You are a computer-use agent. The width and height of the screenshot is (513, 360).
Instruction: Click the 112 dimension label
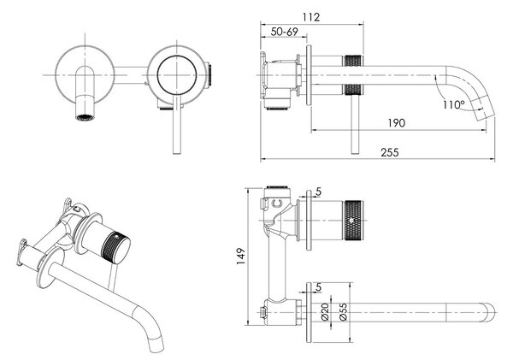311,17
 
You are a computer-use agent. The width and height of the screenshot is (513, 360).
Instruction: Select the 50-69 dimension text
285,32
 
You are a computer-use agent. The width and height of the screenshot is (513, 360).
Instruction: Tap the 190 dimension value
397,123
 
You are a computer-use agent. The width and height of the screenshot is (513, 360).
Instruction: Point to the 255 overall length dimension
390,152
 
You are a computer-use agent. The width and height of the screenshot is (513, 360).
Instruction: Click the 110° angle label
454,104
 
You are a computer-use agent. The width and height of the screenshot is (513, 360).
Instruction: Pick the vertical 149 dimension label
241,257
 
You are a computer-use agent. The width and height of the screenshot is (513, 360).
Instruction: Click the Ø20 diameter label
325,312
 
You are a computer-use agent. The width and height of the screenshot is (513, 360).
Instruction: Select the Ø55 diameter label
343,312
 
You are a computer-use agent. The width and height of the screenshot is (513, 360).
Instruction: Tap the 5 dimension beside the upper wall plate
318,192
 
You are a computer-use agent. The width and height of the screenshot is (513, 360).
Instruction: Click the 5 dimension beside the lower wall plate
318,287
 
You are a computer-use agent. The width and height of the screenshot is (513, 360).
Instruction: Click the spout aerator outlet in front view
85,117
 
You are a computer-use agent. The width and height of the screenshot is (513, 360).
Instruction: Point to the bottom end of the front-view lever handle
177,152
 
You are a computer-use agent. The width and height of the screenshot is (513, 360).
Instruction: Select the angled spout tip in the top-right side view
485,111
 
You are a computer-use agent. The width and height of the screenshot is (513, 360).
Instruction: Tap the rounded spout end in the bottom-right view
490,312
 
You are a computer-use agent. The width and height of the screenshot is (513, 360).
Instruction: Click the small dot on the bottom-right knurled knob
351,221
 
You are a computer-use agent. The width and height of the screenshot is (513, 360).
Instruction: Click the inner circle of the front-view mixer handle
177,75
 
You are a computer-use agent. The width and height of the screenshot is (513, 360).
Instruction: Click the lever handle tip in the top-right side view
354,152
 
